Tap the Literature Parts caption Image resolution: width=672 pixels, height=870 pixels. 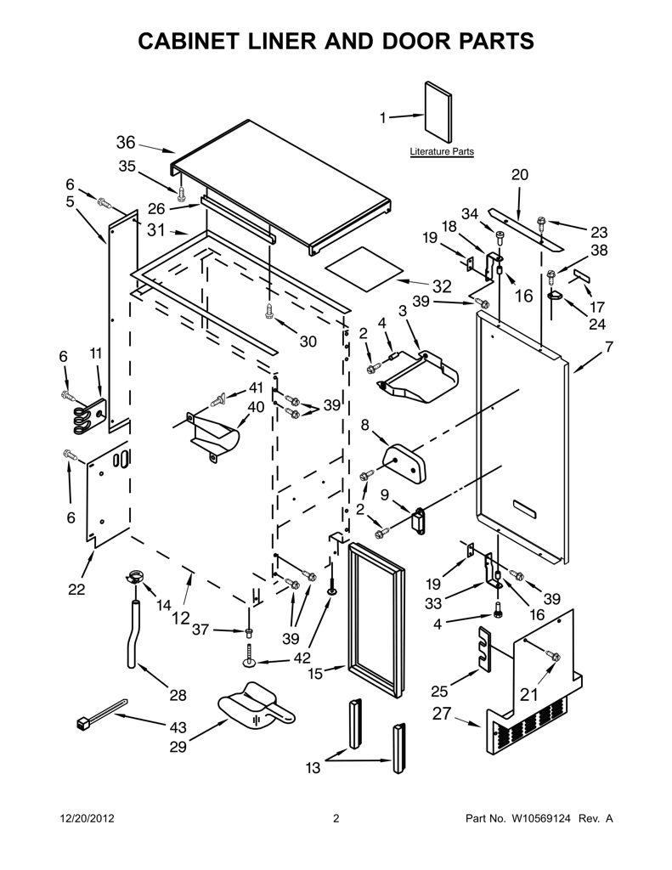442,151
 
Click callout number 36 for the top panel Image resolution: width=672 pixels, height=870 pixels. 126,143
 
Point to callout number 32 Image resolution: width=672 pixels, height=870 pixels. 442,286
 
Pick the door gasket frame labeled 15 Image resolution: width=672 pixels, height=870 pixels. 376,619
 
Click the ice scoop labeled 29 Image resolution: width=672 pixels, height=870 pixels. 255,706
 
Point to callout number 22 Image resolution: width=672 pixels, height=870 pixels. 76,589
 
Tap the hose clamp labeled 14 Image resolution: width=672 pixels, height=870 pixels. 133,577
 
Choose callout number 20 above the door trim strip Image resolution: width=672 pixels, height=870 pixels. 519,175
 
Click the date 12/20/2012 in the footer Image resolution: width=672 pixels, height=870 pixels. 87,818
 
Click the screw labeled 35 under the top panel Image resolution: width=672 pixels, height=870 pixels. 182,193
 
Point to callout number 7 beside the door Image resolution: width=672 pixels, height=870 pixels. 609,347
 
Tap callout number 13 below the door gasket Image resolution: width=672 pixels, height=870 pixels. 313,768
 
